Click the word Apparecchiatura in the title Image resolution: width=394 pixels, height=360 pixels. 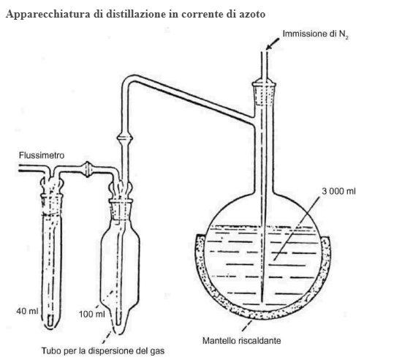(48, 15)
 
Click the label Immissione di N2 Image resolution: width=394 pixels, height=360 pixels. (316, 34)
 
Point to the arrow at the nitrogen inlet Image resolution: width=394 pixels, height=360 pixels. (273, 43)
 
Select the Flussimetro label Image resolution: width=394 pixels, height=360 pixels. (42, 155)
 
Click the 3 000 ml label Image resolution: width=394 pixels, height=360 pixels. (338, 192)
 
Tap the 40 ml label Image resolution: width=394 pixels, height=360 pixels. (27, 311)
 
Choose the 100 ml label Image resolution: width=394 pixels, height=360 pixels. (91, 314)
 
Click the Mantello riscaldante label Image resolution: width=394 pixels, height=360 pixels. (242, 341)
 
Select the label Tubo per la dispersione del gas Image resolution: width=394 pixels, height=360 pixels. (103, 350)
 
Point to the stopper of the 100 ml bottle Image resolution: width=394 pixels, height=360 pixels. (121, 209)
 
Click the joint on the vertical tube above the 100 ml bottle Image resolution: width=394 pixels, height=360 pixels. (125, 138)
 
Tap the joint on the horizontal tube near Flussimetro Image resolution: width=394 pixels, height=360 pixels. (87, 169)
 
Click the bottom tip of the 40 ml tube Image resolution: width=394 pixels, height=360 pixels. (50, 328)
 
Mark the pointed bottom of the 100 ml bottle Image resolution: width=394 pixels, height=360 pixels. (119, 333)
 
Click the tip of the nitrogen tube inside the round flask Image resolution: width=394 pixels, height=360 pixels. (262, 302)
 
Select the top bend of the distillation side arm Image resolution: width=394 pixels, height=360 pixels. (128, 80)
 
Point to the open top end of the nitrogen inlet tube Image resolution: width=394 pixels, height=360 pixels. (264, 52)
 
